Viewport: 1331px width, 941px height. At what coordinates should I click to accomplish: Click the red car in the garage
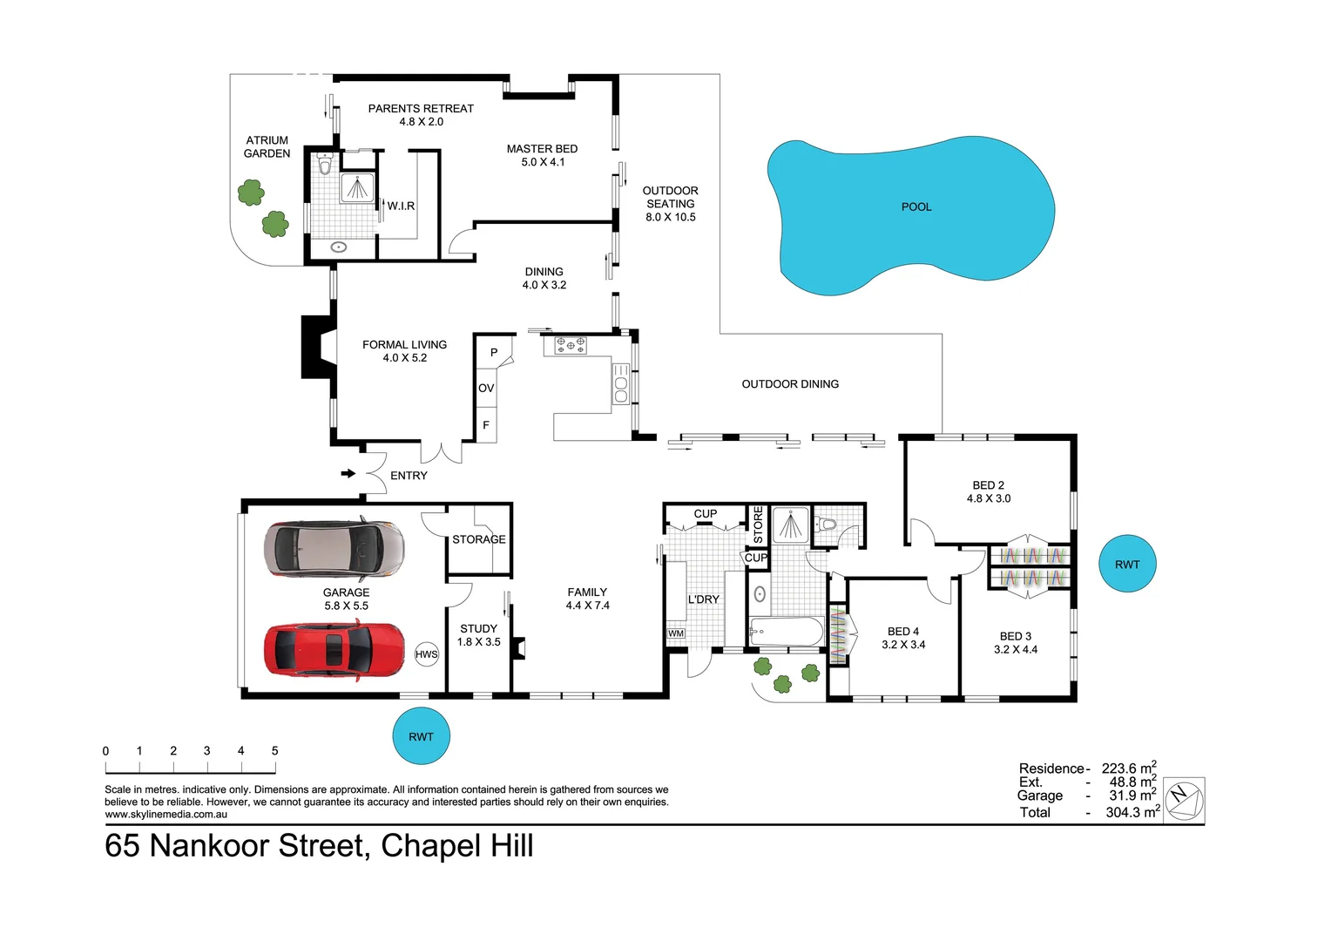(334, 650)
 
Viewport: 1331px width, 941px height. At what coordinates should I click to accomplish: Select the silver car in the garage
(334, 550)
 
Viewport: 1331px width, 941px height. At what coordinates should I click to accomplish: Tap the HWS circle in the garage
(426, 654)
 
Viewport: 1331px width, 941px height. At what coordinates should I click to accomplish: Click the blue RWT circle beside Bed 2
(1127, 565)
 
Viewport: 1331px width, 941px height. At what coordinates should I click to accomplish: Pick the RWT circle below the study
(421, 736)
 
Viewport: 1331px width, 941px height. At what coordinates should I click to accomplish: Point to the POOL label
(916, 206)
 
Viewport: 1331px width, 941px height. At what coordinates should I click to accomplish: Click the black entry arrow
(348, 474)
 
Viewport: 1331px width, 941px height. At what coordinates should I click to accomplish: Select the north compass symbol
(1184, 798)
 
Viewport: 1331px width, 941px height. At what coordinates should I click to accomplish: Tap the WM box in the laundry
(676, 633)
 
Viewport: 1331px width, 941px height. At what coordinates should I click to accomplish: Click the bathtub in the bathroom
(785, 632)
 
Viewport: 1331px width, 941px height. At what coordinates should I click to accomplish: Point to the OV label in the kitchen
(486, 389)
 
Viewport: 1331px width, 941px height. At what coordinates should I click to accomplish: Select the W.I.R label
(401, 206)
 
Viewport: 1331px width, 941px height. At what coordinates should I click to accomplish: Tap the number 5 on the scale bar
(274, 751)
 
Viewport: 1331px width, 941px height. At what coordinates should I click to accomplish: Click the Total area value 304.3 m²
(1132, 812)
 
